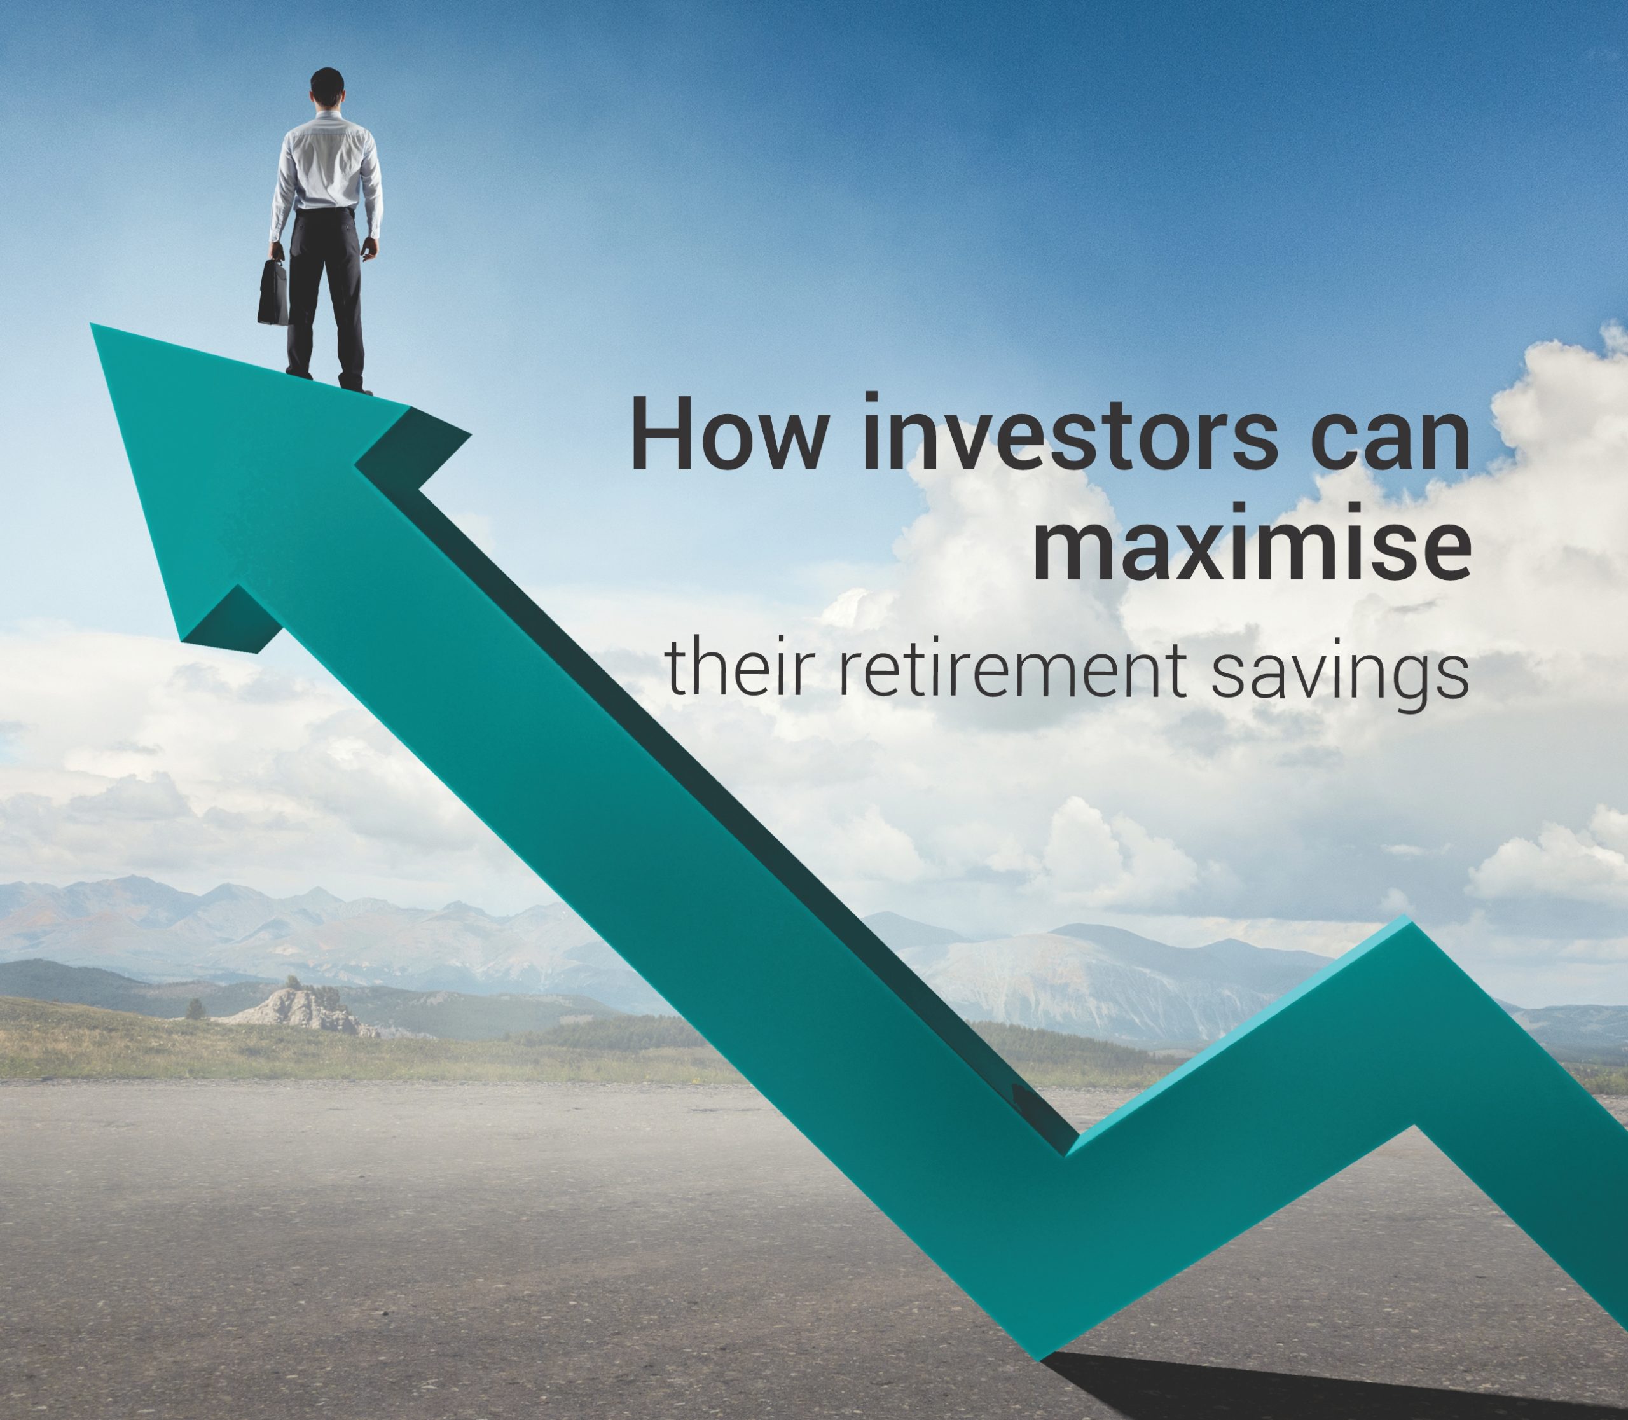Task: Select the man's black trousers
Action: point(326,293)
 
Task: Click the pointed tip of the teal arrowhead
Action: point(92,324)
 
